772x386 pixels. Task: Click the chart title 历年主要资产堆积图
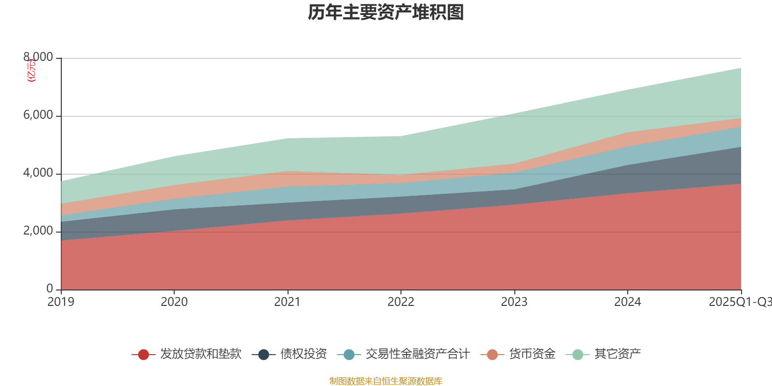click(x=386, y=13)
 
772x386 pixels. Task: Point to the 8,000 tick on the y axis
click(x=38, y=57)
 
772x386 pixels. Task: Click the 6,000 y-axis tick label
click(x=38, y=115)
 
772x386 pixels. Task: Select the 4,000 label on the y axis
click(x=38, y=173)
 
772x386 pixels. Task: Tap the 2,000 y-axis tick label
click(x=38, y=231)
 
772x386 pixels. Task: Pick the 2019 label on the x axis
click(x=61, y=302)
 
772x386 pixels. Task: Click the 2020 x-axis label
click(x=174, y=302)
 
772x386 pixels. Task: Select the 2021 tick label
click(x=288, y=302)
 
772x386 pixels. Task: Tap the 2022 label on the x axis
click(x=401, y=302)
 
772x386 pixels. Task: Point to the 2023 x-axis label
click(x=514, y=302)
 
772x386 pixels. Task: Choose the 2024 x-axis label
click(x=628, y=302)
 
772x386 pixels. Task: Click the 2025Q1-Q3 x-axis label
click(x=739, y=302)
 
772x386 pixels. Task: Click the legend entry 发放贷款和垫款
click(x=200, y=354)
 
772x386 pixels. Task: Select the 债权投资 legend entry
click(x=303, y=354)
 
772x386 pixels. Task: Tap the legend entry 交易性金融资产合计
click(x=417, y=354)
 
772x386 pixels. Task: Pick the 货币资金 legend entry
click(x=532, y=354)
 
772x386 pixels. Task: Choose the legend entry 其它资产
click(x=617, y=354)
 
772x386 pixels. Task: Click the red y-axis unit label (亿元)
click(x=31, y=70)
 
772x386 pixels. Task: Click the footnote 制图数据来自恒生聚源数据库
click(x=386, y=381)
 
